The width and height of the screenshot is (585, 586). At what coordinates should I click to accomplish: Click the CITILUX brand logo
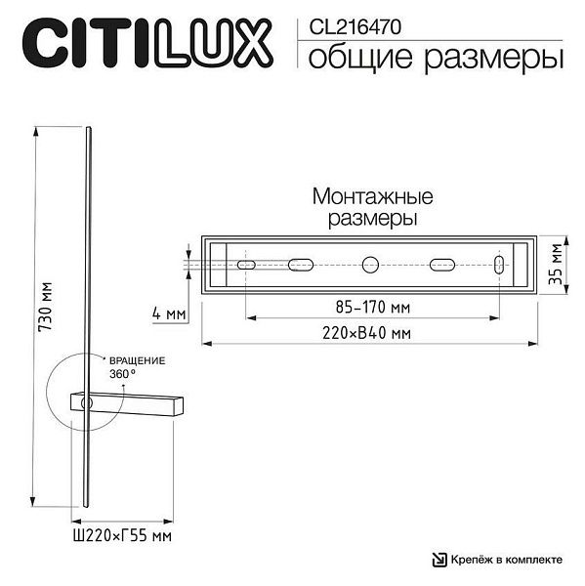[147, 43]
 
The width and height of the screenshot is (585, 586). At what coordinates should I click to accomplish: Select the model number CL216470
[355, 27]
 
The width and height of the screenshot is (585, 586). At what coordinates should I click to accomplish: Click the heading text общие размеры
[436, 57]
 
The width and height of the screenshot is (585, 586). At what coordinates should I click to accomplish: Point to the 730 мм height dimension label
[46, 307]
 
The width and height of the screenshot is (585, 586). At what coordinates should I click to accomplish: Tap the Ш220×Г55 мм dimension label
[122, 536]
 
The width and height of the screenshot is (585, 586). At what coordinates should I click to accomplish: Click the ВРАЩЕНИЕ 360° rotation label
[137, 367]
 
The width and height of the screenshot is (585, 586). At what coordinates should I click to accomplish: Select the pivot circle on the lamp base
[87, 403]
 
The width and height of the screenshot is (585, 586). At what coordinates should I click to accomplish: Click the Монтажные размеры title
[373, 207]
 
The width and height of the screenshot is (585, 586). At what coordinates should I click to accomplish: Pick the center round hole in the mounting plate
[370, 265]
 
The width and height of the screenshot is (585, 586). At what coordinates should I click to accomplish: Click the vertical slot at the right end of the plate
[499, 265]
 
